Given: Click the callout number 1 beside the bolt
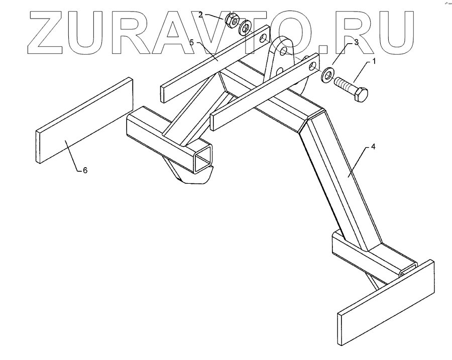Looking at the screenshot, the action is point(373,62).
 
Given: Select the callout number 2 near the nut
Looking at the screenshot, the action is point(200,15).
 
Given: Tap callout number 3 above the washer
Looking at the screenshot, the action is point(356,43).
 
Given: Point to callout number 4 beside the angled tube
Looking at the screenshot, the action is point(373,147).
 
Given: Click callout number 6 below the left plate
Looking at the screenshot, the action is point(85,171).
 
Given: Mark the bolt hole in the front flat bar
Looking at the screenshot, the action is point(313,66).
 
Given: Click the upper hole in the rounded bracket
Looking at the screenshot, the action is point(283,51).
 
